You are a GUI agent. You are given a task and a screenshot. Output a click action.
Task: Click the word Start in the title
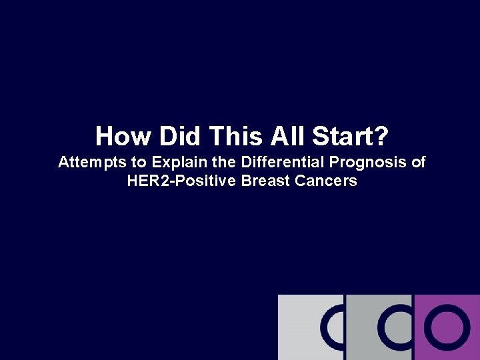click(342, 137)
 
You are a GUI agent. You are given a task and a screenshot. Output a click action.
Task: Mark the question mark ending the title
click(380, 137)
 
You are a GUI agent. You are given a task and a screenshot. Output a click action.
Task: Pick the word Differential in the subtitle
click(274, 163)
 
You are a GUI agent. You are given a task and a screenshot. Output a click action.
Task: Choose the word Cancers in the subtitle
click(326, 181)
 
